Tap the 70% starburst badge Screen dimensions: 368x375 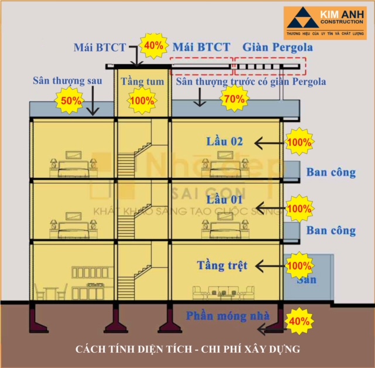click(x=233, y=99)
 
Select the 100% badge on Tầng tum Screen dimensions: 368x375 click(x=141, y=100)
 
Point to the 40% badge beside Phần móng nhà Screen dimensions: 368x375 click(x=299, y=321)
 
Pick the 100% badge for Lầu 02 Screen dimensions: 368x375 click(x=299, y=142)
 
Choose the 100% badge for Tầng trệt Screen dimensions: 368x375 click(x=299, y=265)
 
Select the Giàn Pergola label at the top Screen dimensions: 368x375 click(x=277, y=47)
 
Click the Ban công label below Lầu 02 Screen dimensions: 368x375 click(x=330, y=172)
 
